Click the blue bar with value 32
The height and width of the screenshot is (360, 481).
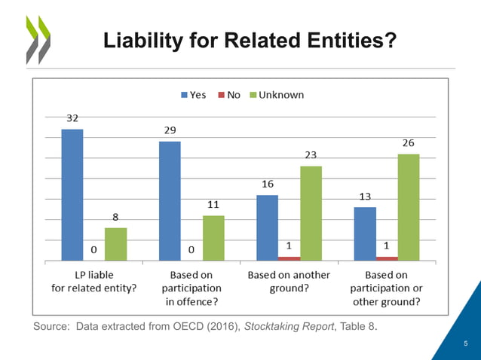point(72,194)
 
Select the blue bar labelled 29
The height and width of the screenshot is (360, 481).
point(170,200)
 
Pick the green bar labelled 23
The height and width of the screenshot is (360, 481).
point(311,213)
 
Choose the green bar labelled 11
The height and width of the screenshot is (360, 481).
point(213,238)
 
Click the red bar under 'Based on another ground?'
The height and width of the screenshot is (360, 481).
point(289,258)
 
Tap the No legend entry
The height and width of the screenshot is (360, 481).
point(228,95)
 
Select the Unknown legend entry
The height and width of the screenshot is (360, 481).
point(276,95)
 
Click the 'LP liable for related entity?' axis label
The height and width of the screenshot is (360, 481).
point(93,282)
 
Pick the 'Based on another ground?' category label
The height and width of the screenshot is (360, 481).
point(289,282)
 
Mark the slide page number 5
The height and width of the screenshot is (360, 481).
point(466,344)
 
